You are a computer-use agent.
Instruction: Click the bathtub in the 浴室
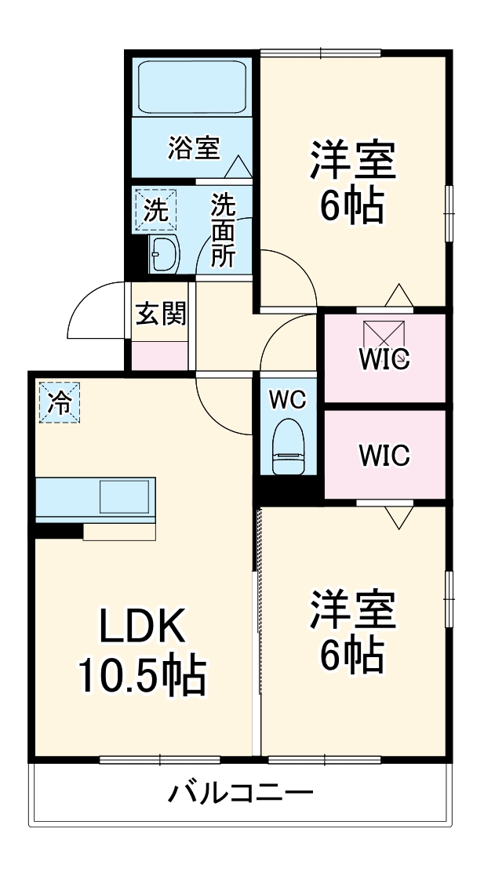coord(193,86)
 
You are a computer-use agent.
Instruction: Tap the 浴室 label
coord(194,147)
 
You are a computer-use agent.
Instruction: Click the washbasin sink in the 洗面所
coord(164,254)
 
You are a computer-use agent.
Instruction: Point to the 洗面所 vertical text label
coord(223,231)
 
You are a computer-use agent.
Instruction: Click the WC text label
coord(287,398)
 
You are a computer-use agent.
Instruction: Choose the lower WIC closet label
coord(384,455)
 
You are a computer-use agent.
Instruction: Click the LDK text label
coord(141,627)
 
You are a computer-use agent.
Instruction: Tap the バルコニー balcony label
coord(242,794)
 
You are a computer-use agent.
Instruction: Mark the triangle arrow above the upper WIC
coord(399,295)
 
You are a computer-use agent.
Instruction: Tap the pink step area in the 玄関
coord(160,354)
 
